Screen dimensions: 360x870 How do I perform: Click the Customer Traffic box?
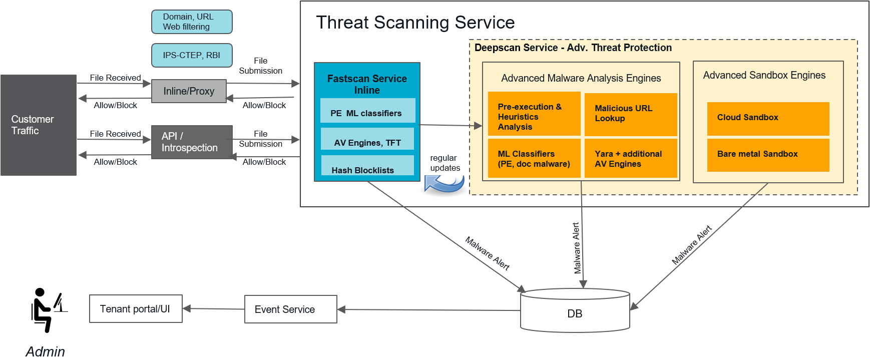39,125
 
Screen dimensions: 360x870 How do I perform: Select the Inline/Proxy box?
189,91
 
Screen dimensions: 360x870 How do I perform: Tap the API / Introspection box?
192,142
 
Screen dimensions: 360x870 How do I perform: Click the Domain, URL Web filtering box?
192,22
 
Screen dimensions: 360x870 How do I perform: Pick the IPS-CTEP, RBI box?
192,55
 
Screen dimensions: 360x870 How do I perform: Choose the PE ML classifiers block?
367,111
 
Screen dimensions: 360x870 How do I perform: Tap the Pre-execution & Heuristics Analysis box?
534,114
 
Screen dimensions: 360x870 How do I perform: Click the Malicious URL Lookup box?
631,114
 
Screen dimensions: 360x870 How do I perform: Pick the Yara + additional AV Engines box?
631,158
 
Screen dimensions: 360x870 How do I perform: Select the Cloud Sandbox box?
768,118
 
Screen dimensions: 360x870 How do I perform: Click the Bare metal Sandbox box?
768,155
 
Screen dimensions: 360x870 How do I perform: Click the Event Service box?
290,309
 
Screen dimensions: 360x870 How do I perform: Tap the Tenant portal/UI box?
136,309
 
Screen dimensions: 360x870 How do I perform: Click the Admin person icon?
47,310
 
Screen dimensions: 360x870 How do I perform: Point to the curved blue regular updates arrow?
445,184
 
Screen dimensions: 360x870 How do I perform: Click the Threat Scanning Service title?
415,23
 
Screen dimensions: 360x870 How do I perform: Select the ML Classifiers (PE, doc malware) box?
534,158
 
